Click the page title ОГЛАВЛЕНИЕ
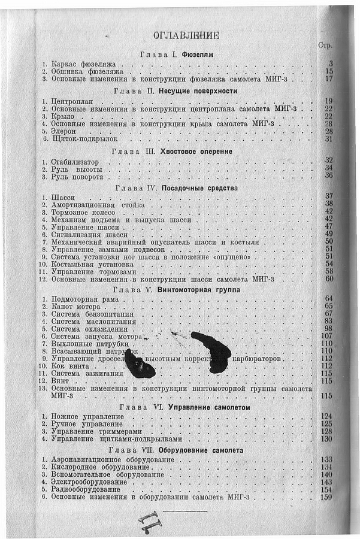(186, 35)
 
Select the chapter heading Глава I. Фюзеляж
(177, 54)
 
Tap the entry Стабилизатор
(75, 162)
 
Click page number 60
(329, 278)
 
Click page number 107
(327, 336)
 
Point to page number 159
(327, 497)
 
